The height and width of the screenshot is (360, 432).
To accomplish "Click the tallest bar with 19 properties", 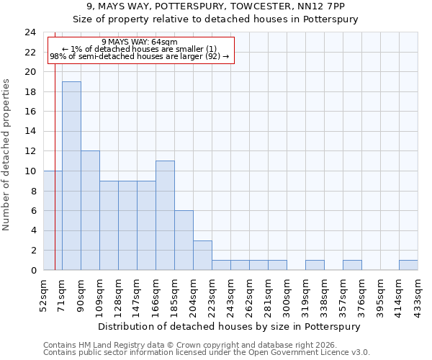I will [71, 176].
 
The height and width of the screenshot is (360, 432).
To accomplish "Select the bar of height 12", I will [90, 210].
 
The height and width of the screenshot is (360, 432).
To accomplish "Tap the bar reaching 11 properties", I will [165, 215].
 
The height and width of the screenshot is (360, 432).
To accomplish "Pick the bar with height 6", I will [184, 240].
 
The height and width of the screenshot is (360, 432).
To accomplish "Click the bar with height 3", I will [202, 255].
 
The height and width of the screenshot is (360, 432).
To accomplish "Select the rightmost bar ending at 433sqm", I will [408, 265].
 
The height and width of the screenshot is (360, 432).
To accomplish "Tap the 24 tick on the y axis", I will [30, 32].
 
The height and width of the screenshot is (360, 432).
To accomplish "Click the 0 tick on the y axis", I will [33, 271].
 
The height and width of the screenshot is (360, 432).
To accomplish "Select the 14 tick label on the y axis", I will [30, 132].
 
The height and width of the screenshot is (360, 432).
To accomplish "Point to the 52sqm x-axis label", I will [43, 292].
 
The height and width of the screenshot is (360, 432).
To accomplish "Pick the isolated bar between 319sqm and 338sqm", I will [315, 265].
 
